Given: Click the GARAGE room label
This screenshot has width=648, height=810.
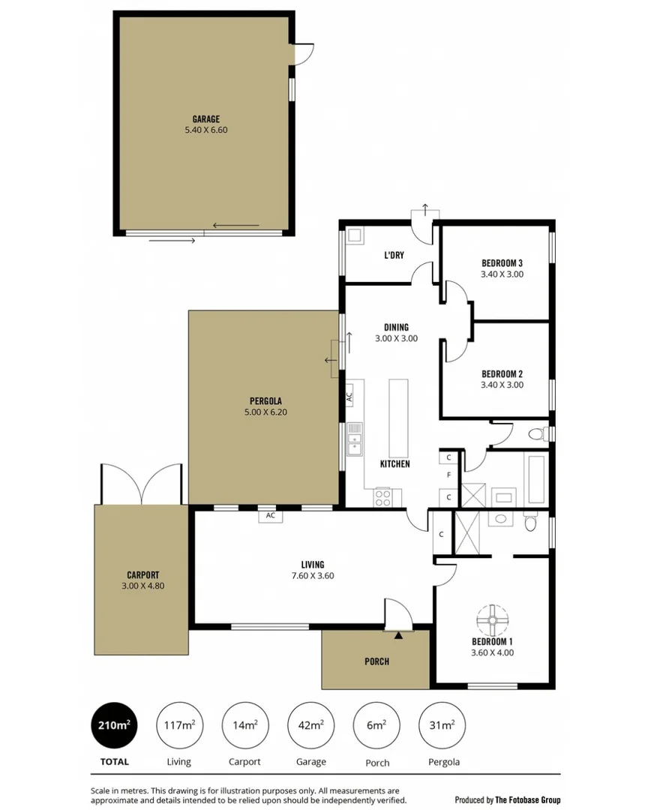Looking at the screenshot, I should click(x=205, y=118).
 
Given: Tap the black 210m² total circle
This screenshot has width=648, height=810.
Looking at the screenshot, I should click(x=114, y=724).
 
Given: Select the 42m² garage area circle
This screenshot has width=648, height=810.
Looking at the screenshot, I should click(x=310, y=724).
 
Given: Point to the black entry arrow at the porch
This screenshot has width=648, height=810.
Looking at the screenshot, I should click(x=398, y=635).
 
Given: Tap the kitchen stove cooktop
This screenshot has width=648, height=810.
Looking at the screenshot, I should click(x=382, y=496).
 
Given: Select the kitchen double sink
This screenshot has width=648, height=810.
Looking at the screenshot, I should click(x=355, y=439).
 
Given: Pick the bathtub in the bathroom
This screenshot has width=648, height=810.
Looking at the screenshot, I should click(x=536, y=480).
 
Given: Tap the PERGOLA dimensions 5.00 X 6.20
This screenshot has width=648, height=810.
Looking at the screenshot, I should click(x=265, y=412).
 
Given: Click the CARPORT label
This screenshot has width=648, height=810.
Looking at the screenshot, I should click(x=142, y=574).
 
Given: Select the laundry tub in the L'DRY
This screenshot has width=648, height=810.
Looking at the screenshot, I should click(x=355, y=235).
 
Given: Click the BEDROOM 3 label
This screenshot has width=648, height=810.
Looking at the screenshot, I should click(x=502, y=263).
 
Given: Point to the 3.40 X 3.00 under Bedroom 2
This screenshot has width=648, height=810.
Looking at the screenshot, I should click(x=502, y=385).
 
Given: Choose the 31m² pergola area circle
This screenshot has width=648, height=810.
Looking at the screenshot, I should click(x=441, y=724).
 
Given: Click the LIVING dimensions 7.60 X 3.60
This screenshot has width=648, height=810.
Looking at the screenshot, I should click(x=313, y=576).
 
